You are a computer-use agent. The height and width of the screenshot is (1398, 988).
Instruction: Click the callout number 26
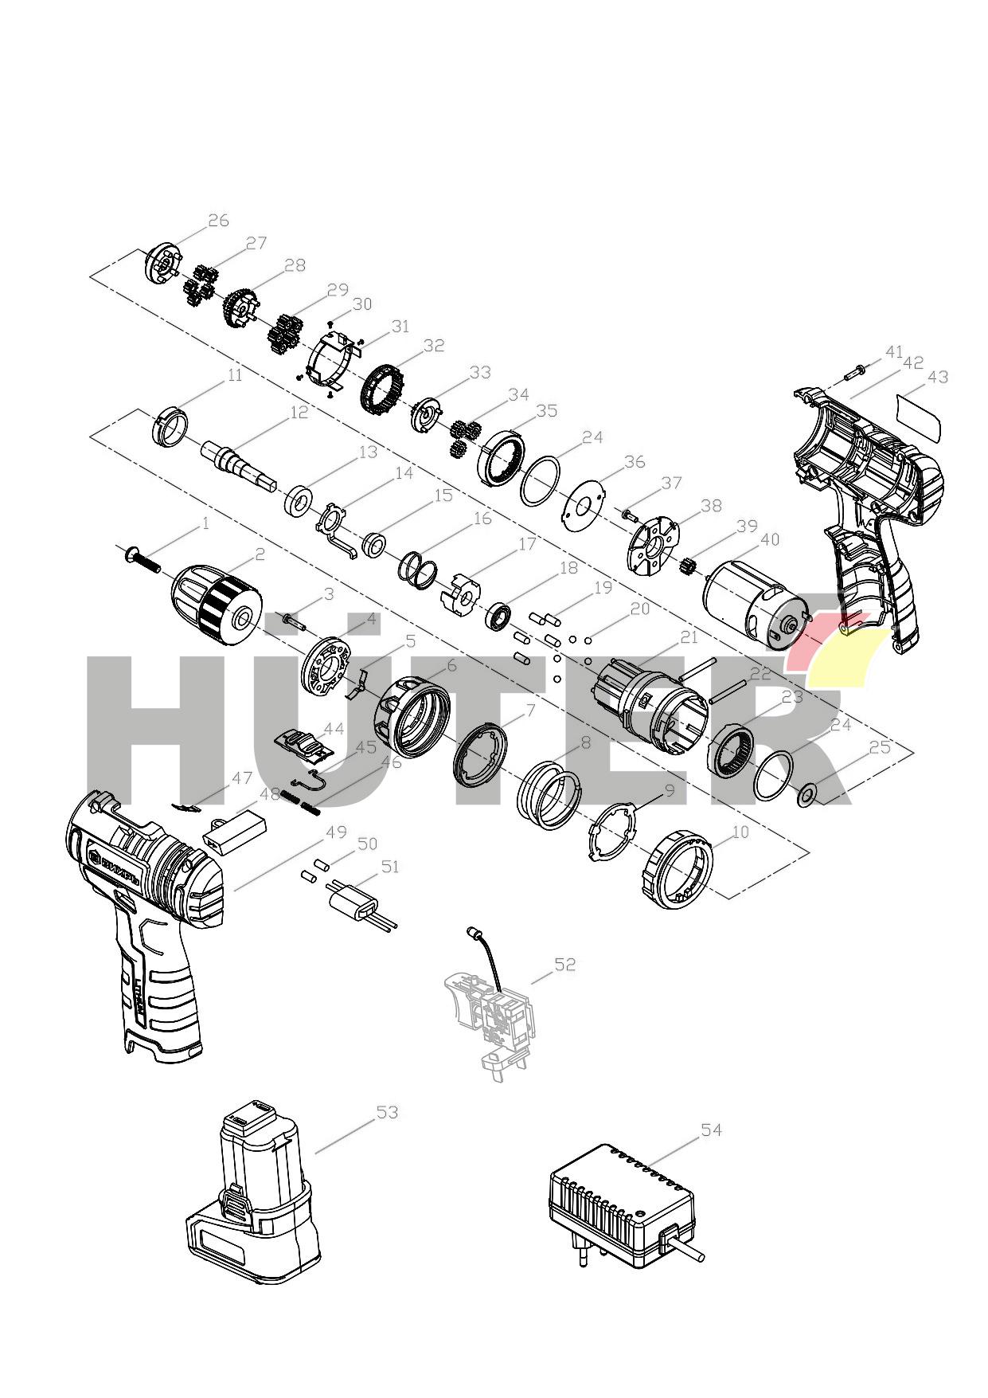click(218, 221)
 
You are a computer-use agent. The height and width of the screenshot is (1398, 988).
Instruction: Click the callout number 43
click(938, 377)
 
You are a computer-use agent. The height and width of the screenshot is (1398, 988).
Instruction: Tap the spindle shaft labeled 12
click(239, 463)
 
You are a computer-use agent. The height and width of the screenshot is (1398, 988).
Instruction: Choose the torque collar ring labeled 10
click(678, 871)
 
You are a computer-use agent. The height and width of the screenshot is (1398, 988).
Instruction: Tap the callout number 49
click(336, 832)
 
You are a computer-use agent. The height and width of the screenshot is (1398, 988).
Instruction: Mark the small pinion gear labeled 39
click(689, 569)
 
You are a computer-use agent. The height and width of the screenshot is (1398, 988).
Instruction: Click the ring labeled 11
click(170, 426)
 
